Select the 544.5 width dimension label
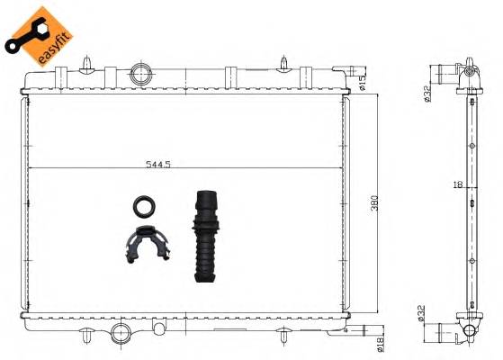coord(158,164)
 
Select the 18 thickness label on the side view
coord(458,184)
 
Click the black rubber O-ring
coord(143,207)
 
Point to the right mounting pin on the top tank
coord(284,62)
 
